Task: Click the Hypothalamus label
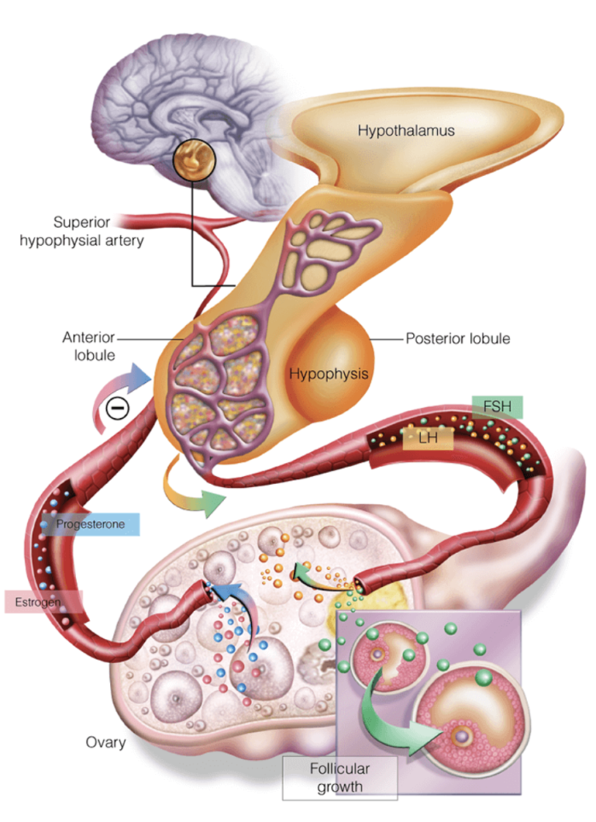click(406, 129)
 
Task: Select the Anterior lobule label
click(86, 347)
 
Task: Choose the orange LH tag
click(428, 438)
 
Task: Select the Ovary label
click(106, 742)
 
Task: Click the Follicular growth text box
click(339, 775)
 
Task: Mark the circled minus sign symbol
click(117, 408)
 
